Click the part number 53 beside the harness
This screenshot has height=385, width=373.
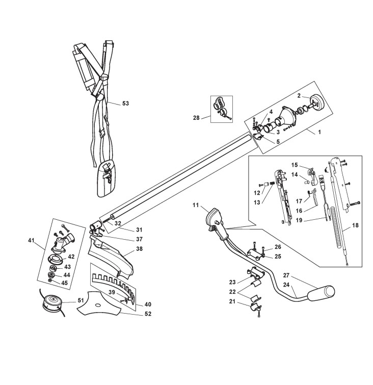(x=125, y=104)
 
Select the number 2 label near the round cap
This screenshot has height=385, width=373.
(x=300, y=95)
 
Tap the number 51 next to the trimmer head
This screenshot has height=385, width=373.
(x=81, y=300)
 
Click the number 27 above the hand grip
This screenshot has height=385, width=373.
(x=300, y=275)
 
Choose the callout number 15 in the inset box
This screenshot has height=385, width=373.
(x=294, y=165)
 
